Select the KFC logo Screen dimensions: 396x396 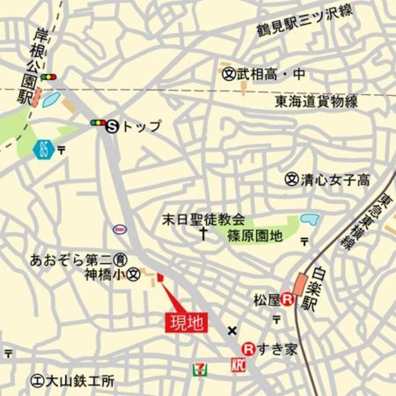[238, 366]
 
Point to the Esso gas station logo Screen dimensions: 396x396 [120, 229]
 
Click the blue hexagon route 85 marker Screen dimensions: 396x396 [43, 149]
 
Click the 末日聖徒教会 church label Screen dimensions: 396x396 [203, 219]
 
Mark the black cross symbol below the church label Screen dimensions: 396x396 [203, 233]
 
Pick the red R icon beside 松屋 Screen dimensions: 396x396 [287, 300]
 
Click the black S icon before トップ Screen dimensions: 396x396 [113, 126]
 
